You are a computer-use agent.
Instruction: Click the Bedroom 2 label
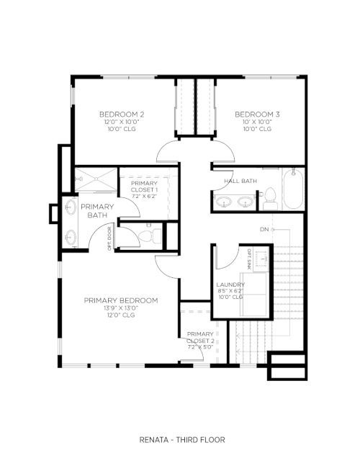click(x=122, y=115)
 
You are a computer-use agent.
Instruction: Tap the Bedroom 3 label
click(x=257, y=115)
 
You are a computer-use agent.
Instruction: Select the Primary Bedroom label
click(x=121, y=300)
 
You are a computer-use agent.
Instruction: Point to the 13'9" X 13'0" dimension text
click(x=121, y=308)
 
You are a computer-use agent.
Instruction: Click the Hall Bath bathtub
click(x=293, y=189)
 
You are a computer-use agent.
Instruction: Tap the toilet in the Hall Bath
click(x=270, y=199)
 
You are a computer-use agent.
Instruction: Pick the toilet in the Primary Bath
click(x=150, y=236)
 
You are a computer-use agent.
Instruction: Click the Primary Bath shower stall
click(x=96, y=179)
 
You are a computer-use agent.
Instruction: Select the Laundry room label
click(x=230, y=284)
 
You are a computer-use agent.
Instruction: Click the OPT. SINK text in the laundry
click(x=249, y=259)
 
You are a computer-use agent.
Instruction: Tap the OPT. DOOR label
click(x=109, y=238)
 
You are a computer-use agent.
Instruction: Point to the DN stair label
click(x=264, y=229)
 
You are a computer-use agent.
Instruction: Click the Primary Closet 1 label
click(x=144, y=187)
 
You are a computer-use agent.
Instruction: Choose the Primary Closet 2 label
click(x=200, y=337)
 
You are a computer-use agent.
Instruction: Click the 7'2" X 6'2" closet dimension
click(x=144, y=196)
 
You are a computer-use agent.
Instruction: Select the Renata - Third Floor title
click(x=182, y=439)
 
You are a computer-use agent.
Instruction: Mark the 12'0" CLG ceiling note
click(x=121, y=315)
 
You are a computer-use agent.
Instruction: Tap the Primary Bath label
click(x=97, y=211)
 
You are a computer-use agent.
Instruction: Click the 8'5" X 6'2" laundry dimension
click(x=230, y=291)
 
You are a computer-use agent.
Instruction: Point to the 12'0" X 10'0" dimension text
click(x=122, y=122)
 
